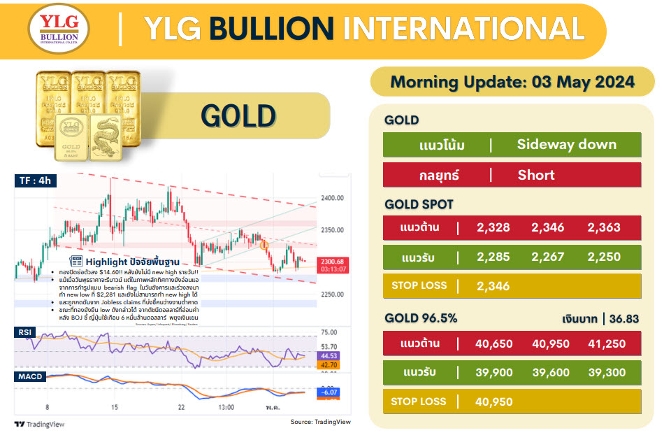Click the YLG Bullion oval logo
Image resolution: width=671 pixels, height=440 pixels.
[x=59, y=31]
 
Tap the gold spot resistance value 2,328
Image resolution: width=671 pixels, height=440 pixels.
[x=493, y=227]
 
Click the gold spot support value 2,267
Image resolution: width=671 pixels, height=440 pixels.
[x=549, y=257]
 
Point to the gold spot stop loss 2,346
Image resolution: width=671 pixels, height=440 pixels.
[x=493, y=285]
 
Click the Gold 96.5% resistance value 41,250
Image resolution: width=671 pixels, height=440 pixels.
[x=606, y=343]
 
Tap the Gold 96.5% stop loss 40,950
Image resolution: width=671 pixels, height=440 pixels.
[x=493, y=402]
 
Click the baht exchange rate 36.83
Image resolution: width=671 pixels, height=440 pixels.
[x=624, y=319]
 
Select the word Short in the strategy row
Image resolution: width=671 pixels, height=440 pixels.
[x=536, y=175]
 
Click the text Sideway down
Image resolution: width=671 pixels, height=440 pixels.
[x=566, y=145]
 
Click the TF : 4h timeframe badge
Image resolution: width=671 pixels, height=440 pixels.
[x=36, y=180]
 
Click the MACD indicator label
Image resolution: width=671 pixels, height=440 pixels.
[x=31, y=377]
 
